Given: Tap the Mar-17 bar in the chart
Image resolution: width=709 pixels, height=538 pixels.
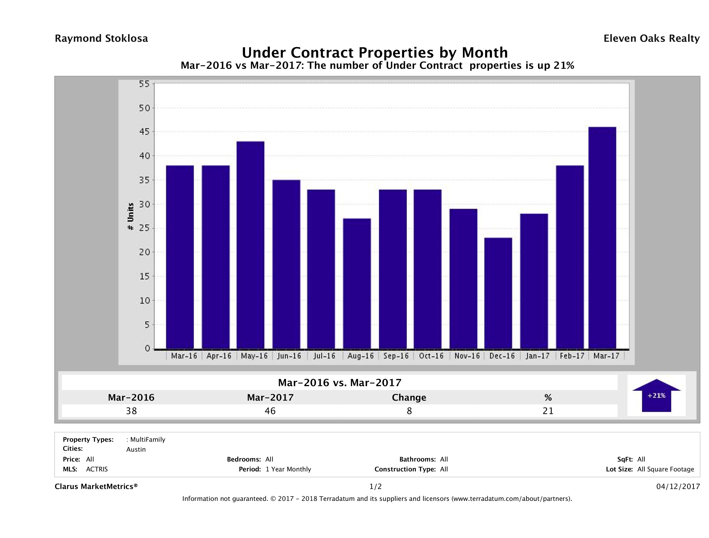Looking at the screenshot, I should tap(602, 238).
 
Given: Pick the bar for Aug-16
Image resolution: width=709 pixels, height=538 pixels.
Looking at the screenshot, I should tap(357, 284).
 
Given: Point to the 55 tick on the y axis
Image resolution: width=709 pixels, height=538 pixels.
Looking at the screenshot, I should tap(144, 84).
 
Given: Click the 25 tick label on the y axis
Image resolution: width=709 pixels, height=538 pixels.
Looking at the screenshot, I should tap(144, 228).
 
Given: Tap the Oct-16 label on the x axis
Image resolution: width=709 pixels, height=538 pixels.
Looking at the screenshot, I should tap(431, 356).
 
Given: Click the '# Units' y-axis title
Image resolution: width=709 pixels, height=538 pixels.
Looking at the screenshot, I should tap(131, 216).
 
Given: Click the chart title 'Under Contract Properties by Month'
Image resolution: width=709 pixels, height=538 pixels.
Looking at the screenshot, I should tap(374, 52).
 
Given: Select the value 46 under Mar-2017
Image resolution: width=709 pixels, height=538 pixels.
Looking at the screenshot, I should tap(270, 411).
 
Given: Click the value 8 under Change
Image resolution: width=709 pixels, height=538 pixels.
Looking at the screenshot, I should tap(409, 411).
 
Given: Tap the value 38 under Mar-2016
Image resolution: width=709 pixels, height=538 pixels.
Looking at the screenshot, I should tap(131, 411).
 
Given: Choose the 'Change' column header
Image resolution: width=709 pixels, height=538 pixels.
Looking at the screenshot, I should tap(409, 398).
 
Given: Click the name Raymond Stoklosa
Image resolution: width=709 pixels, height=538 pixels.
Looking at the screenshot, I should tap(101, 38).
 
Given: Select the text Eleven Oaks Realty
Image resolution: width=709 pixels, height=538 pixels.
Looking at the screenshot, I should tap(651, 38).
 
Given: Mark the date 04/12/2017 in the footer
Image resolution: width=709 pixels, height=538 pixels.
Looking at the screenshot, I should tap(678, 486).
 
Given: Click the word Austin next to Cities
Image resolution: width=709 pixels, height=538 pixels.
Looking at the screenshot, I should tap(136, 449).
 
